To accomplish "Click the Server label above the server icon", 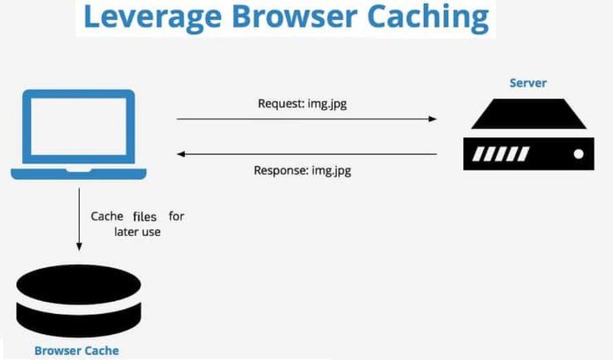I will tap(527, 83).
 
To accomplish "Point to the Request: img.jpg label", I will tap(307, 104).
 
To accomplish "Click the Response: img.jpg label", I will tap(303, 170).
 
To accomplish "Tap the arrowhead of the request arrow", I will tap(432, 119).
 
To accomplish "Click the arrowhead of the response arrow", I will tap(181, 154).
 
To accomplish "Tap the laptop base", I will tap(79, 173).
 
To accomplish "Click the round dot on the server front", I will tap(579, 154).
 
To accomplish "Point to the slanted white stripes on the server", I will tap(500, 154).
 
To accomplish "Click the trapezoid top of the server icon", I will tap(528, 114).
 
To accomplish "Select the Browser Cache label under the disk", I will tap(77, 350).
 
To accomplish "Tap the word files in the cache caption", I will tap(145, 216).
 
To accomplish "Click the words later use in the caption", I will tap(137, 232).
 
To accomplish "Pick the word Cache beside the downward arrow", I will tap(107, 216).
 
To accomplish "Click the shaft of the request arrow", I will tap(303, 119).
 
